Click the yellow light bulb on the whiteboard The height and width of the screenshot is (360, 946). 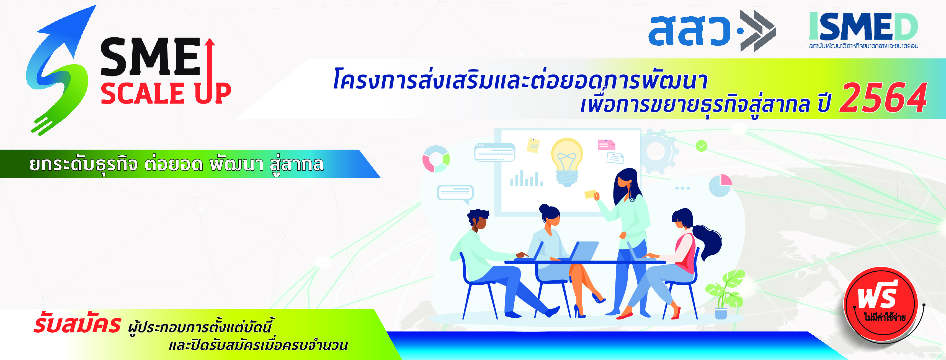(x=567, y=162)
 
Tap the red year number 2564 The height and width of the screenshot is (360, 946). (x=883, y=98)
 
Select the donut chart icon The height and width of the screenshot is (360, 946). (x=436, y=159)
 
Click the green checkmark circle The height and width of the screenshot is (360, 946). (x=702, y=146)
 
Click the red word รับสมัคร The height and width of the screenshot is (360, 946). (x=77, y=324)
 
